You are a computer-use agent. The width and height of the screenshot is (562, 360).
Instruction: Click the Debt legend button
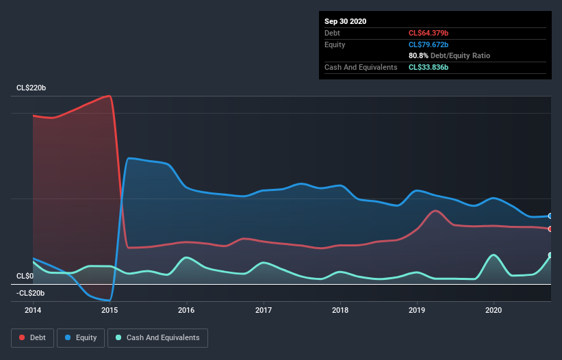pos(31,337)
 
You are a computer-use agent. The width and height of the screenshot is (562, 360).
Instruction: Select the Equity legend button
pos(81,337)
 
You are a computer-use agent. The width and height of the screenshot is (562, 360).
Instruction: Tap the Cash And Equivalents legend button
pos(157,337)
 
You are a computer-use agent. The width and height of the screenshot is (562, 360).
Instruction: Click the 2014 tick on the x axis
pos(33,310)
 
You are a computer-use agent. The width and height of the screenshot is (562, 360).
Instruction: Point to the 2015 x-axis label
pos(110,310)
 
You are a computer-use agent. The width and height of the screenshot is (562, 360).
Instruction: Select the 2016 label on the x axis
pos(186,310)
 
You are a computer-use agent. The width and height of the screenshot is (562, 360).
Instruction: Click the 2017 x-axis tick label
pos(263,310)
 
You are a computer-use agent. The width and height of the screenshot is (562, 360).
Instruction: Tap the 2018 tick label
pos(340,310)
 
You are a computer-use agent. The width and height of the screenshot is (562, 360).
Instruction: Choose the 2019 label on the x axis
pos(417,310)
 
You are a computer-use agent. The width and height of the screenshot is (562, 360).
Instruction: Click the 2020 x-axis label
pos(494,310)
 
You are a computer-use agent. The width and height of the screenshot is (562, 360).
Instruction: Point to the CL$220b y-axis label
pos(31,88)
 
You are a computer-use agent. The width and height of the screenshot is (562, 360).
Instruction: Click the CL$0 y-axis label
pos(25,276)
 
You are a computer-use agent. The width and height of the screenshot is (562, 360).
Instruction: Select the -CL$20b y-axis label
pos(30,293)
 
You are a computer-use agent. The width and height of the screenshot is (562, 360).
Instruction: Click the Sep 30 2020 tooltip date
pos(346,21)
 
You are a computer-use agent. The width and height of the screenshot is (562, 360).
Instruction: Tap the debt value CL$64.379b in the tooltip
pos(429,33)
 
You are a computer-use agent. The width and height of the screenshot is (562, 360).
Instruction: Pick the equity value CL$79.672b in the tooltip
pos(429,44)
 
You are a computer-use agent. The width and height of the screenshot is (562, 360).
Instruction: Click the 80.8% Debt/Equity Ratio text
pos(449,55)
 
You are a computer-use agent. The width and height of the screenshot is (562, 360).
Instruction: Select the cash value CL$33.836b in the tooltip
pos(429,67)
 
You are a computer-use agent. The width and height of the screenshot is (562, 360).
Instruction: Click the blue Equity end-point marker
pos(550,216)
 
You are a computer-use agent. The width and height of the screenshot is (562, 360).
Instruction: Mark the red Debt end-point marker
pos(550,229)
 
